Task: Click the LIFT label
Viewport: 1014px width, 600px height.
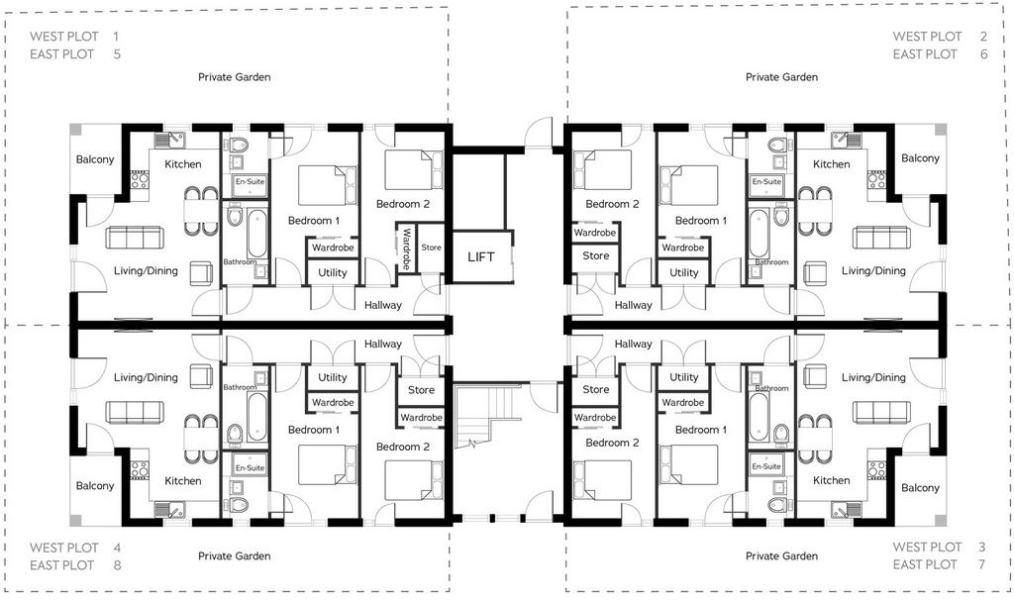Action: point(480,256)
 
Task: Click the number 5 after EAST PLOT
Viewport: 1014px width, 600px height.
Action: point(117,54)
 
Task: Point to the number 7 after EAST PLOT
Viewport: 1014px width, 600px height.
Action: point(981,564)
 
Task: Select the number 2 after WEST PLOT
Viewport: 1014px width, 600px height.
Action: point(983,37)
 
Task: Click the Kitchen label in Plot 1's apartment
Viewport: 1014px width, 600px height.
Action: point(183,164)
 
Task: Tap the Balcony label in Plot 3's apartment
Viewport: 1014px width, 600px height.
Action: point(920,487)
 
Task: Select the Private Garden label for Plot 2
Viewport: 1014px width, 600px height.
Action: point(782,77)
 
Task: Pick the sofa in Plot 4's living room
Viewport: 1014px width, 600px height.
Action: point(135,412)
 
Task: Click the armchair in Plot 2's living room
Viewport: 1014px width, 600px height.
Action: point(815,273)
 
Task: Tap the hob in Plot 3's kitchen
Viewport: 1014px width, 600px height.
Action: point(876,470)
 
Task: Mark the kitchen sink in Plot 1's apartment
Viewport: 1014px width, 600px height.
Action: point(169,140)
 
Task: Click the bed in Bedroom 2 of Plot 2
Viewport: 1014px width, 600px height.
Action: point(602,170)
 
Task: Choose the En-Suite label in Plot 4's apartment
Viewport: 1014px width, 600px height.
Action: point(250,467)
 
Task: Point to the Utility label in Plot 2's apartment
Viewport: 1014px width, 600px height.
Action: point(683,273)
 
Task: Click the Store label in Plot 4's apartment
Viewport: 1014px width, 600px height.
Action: point(421,390)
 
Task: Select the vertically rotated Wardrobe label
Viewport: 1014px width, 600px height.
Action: point(406,249)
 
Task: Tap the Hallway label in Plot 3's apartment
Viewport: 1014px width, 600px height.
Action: point(633,344)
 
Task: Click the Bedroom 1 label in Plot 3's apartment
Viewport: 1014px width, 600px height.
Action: point(701,430)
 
